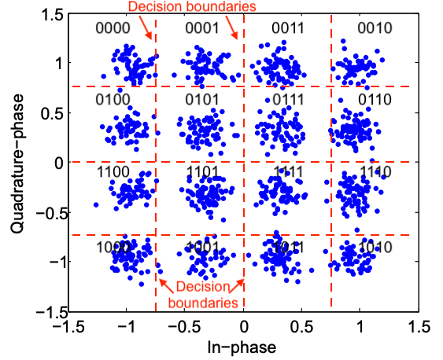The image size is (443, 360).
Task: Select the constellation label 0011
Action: (287, 29)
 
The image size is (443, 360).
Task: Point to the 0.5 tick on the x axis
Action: (302, 325)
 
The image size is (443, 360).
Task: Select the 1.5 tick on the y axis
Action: (50, 13)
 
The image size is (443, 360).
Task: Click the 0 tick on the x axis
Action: (244, 325)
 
